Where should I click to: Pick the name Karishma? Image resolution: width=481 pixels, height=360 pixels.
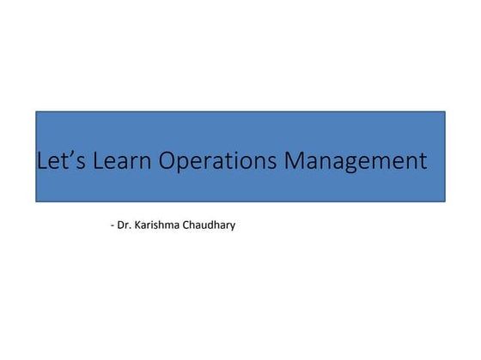pos(155,226)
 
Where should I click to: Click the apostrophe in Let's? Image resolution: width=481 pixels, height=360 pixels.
pos(69,154)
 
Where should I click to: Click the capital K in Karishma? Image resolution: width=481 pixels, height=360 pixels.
pos(137,226)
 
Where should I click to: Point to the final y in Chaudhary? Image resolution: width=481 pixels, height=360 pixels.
pos(233,228)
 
